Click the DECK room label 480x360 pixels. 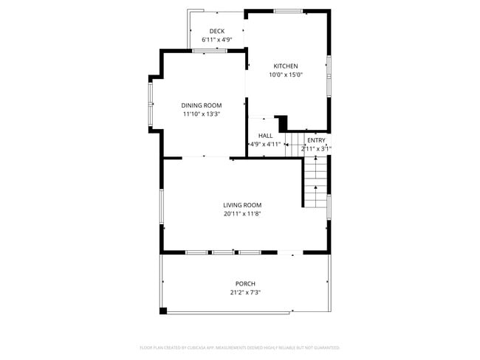[216, 31]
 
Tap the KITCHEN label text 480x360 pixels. [286, 66]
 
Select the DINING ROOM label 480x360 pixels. [202, 105]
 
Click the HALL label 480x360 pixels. [265, 136]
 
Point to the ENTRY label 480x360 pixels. [316, 140]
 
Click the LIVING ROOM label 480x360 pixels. [242, 205]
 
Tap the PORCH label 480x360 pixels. [245, 284]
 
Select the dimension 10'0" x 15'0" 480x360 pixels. [286, 75]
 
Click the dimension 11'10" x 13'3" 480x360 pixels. [202, 114]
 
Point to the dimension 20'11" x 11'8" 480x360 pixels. [242, 214]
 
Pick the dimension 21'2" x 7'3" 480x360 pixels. [245, 293]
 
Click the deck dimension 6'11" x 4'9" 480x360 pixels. [216, 40]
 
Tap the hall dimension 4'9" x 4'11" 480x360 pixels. [265, 145]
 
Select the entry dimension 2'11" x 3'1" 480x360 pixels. [316, 149]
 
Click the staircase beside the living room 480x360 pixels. [315, 181]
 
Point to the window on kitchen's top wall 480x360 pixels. [288, 11]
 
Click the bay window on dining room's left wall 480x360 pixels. [150, 103]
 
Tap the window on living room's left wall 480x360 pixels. [161, 205]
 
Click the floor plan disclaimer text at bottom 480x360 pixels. [239, 347]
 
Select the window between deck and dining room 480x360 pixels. [210, 51]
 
